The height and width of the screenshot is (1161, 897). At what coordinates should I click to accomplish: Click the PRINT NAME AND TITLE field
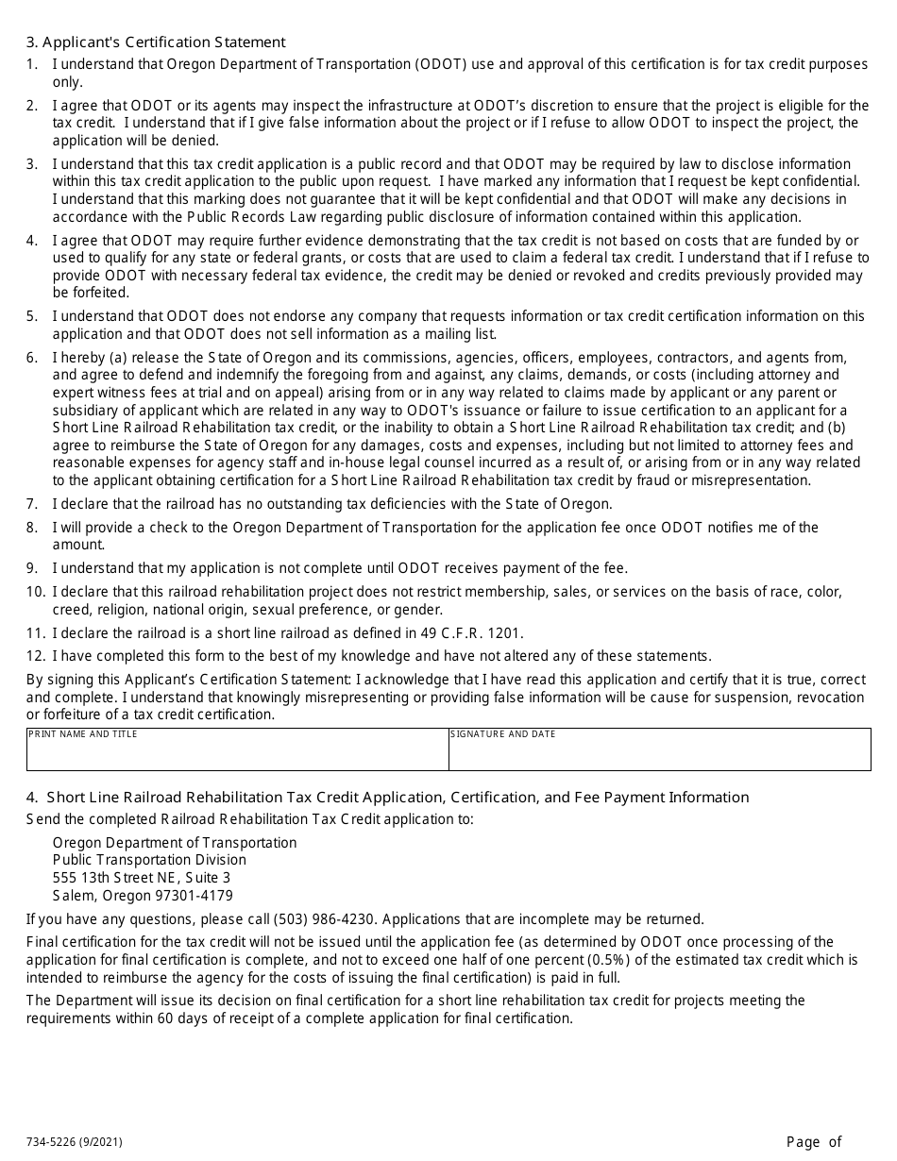pyautogui.click(x=237, y=754)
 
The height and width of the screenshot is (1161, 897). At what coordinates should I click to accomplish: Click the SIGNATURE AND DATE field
pyautogui.click(x=659, y=754)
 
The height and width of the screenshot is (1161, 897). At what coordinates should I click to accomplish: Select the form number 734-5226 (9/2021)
pyautogui.click(x=74, y=1142)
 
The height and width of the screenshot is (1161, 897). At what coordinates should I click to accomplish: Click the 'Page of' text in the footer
pyautogui.click(x=813, y=1142)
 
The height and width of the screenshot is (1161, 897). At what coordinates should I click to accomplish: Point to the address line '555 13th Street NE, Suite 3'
pyautogui.click(x=142, y=878)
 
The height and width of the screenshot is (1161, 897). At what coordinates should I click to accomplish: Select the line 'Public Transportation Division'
pyautogui.click(x=149, y=860)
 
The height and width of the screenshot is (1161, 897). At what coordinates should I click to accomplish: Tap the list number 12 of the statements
pyautogui.click(x=35, y=656)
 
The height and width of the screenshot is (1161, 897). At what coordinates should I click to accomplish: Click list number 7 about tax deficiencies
pyautogui.click(x=31, y=504)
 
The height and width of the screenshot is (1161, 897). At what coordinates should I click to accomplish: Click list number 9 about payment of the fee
pyautogui.click(x=31, y=568)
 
